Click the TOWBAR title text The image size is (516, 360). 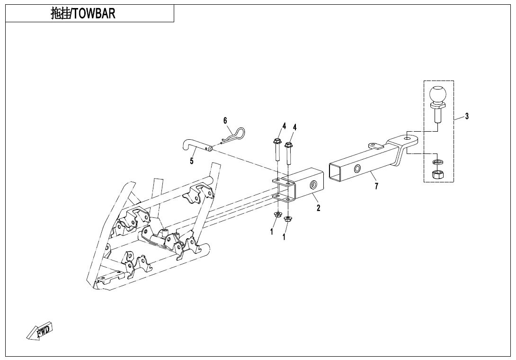pos(83,14)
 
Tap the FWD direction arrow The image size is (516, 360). pos(41,330)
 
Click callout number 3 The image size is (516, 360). pos(467,117)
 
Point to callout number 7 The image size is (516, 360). pos(376,186)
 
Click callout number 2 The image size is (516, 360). pos(318,207)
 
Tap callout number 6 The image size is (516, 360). pos(225,121)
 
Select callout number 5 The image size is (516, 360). pos(192,161)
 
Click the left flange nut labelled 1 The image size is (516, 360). pos(276,216)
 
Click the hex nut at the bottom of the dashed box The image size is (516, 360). pos(437,174)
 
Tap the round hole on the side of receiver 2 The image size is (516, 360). pos(313,185)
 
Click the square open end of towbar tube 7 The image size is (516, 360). pos(335,172)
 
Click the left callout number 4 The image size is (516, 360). pos(284,126)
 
